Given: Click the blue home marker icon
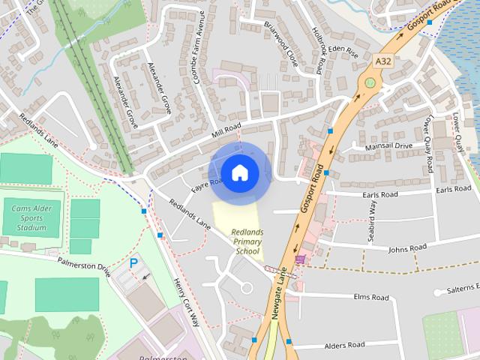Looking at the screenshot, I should tap(239, 173).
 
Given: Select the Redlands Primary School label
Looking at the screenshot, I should tap(247, 241).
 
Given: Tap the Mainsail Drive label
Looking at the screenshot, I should tap(388, 146).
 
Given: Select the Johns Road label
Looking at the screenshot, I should tap(407, 247).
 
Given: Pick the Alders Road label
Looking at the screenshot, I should tap(344, 345).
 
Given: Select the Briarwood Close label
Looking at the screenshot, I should tap(281, 43).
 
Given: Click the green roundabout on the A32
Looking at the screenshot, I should tap(369, 82).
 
